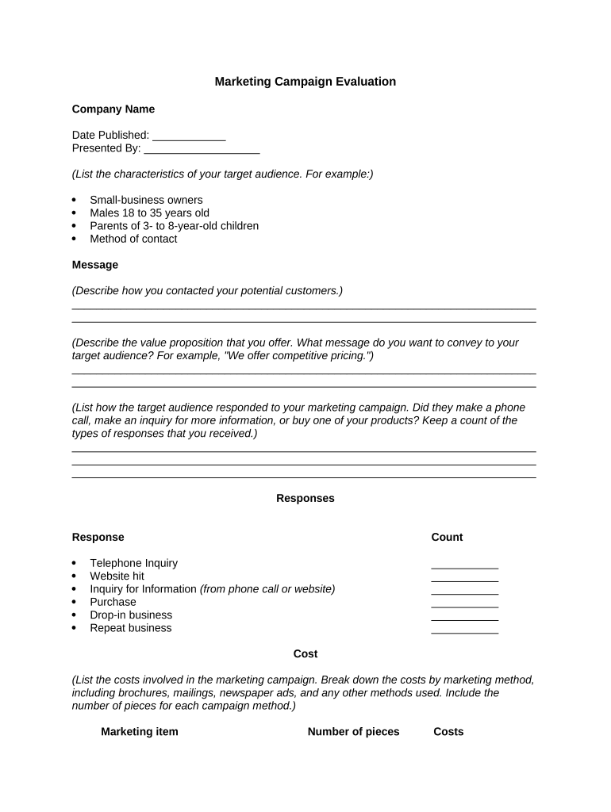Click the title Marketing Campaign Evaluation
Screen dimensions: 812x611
(x=305, y=82)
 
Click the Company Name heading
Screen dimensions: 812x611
(x=113, y=109)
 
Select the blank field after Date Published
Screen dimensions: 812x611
(x=189, y=136)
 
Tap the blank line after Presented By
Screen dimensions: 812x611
(x=202, y=148)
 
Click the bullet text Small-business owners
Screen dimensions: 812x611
(x=146, y=200)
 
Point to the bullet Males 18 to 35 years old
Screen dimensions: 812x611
(x=149, y=213)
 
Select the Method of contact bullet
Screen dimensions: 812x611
(x=133, y=239)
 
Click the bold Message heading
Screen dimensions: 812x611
(x=95, y=265)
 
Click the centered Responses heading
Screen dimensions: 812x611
(x=305, y=499)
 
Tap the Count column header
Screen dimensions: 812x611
(x=447, y=538)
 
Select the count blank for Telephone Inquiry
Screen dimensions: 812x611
(x=464, y=565)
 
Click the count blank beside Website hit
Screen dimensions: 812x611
(x=464, y=577)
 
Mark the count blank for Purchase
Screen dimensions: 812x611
(x=464, y=603)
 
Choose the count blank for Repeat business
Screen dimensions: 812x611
(x=464, y=630)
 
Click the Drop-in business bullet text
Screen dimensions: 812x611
(x=131, y=615)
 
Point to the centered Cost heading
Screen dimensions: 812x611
(x=305, y=654)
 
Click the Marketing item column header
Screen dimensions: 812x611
(x=140, y=732)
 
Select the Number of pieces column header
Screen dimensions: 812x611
(x=354, y=732)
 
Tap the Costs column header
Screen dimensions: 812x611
(x=448, y=732)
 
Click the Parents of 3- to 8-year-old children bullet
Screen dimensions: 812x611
(x=174, y=226)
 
